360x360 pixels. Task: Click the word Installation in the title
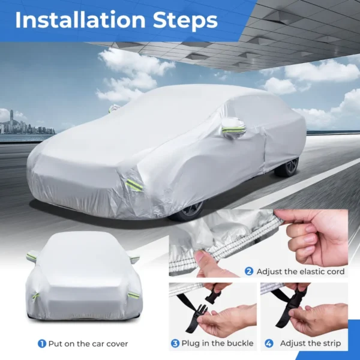click(x=80, y=20)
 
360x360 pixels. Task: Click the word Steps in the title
click(x=185, y=20)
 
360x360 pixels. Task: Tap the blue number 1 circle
click(x=42, y=344)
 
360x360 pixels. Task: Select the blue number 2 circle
click(x=249, y=271)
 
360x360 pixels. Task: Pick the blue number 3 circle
click(x=175, y=343)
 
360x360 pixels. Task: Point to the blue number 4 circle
click(x=269, y=343)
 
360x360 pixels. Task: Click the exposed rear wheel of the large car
click(x=287, y=167)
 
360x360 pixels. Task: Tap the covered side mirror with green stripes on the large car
click(x=233, y=128)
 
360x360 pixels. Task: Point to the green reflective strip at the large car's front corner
click(x=134, y=185)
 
